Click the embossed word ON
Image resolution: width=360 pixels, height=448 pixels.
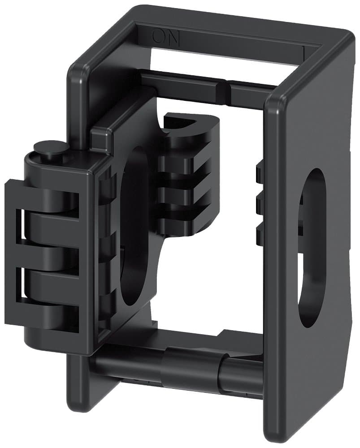166,36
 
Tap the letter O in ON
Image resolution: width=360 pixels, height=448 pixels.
159,36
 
